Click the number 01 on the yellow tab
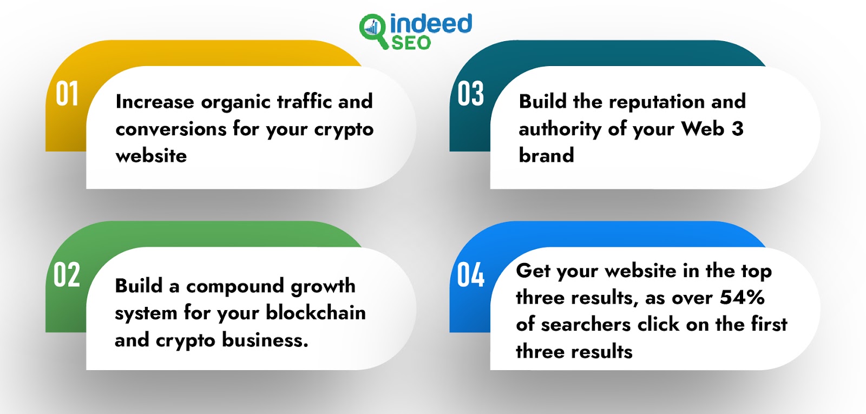coord(67,94)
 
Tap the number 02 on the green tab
coord(67,274)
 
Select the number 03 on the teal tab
coord(470,94)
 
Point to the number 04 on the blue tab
coord(470,274)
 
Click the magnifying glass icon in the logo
coord(373,31)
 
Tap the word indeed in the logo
coord(431,23)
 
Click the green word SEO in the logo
coord(411,43)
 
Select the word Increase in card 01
coord(155,102)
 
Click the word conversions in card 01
coord(171,129)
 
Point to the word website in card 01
coord(151,156)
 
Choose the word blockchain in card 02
coord(316,313)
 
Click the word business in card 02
coord(265,340)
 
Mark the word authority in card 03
coord(560,129)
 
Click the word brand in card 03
coord(546,155)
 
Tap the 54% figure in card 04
coord(742,298)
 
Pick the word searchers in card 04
coord(586,325)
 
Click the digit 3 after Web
coord(737,129)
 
